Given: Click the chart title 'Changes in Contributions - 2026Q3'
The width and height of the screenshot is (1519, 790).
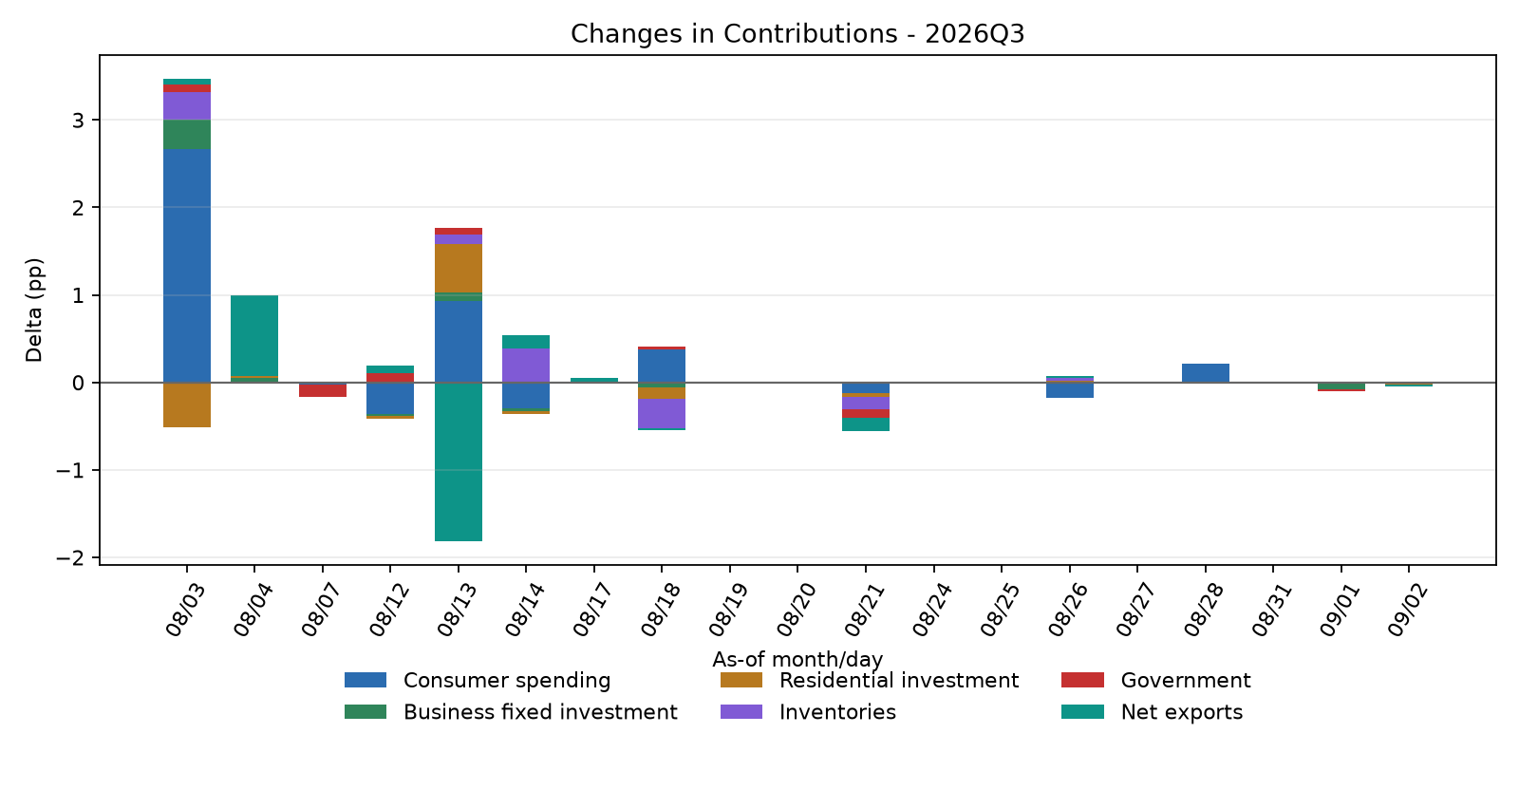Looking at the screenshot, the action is point(797,33).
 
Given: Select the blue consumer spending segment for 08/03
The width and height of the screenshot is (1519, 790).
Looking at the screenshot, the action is point(187,266).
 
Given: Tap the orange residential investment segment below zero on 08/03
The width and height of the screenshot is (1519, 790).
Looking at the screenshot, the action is point(187,404).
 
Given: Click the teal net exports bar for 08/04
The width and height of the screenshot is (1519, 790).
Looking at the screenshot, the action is point(254,336).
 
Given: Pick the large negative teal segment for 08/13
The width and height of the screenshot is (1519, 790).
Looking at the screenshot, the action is point(459,461).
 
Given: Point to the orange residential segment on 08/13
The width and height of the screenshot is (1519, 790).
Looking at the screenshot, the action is point(459,268).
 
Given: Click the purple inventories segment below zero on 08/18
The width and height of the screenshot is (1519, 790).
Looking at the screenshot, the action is point(662,414).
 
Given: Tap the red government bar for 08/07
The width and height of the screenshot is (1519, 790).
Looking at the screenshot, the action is point(323,390).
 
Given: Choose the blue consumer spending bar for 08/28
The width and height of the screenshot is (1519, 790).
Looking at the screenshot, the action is point(1206,373).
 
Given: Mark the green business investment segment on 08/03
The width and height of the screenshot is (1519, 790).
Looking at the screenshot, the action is point(187,134).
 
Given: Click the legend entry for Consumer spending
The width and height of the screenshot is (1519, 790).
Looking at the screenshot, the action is point(478,680).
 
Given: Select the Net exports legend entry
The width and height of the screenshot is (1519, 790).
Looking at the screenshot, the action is point(1153,712).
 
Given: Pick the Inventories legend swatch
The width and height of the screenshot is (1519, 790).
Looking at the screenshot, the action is point(741,712).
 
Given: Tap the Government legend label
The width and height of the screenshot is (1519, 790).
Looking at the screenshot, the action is point(1186,680).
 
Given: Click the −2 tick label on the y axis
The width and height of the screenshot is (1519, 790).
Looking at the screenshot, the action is point(70,558).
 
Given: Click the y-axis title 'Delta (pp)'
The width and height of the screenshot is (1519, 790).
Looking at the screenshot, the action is point(34,310).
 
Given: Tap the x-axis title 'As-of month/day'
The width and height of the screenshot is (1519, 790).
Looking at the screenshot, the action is point(797,659).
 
